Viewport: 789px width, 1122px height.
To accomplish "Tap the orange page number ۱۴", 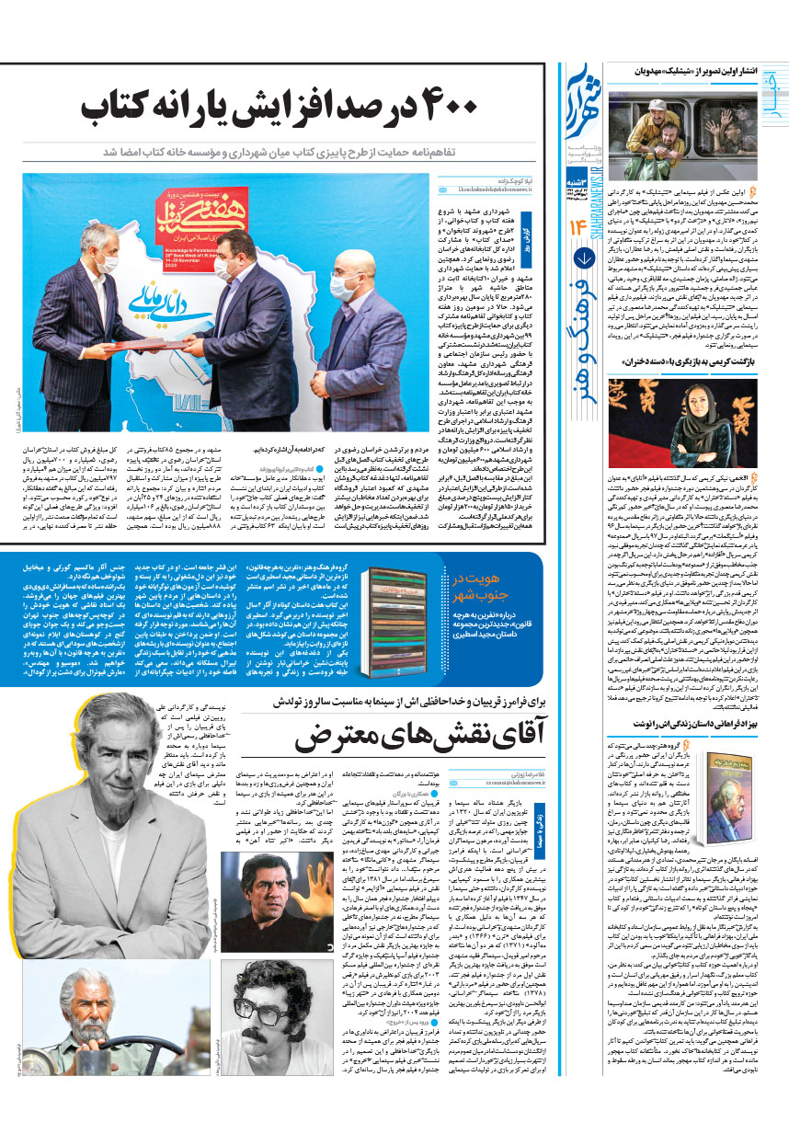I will (x=582, y=225).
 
